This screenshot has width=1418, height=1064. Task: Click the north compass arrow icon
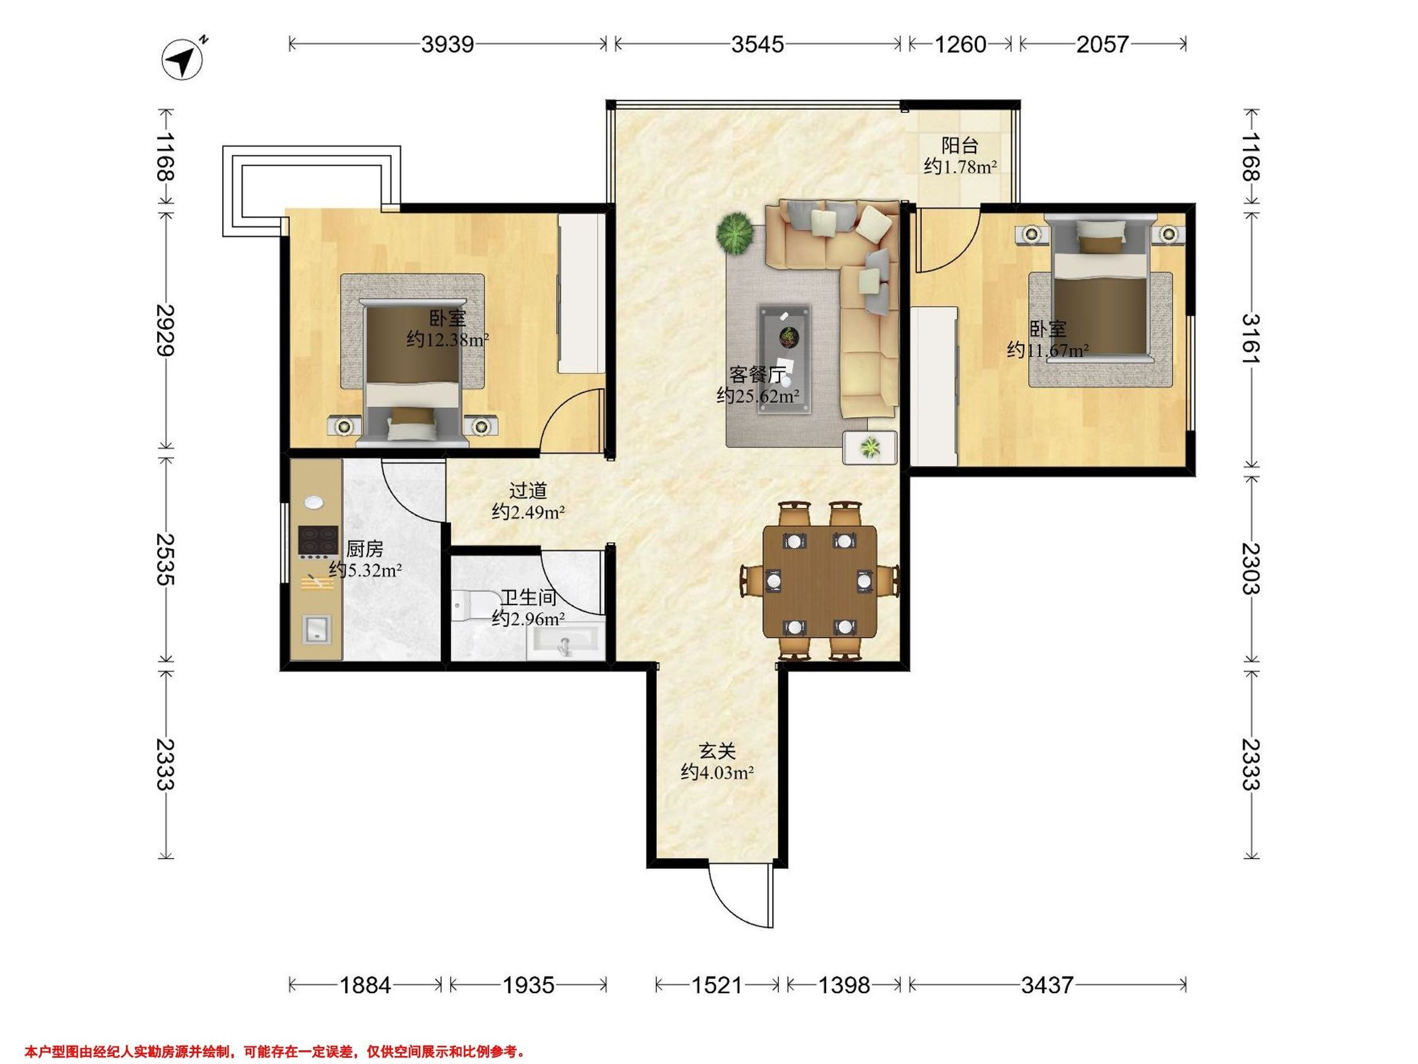point(183,60)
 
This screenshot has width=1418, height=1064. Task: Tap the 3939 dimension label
point(447,44)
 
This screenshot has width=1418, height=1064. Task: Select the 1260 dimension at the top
point(960,44)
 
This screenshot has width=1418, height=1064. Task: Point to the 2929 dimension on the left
point(165,330)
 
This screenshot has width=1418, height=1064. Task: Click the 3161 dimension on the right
point(1251,338)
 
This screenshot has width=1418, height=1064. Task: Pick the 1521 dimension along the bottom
point(716,984)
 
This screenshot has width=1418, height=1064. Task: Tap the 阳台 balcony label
point(960,145)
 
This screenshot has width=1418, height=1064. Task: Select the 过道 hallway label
point(528,491)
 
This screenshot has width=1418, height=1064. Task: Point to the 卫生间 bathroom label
point(528,598)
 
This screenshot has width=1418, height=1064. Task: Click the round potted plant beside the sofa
point(734,233)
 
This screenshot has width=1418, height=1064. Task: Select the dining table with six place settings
point(820,582)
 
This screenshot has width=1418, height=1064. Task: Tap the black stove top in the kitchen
point(318,541)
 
